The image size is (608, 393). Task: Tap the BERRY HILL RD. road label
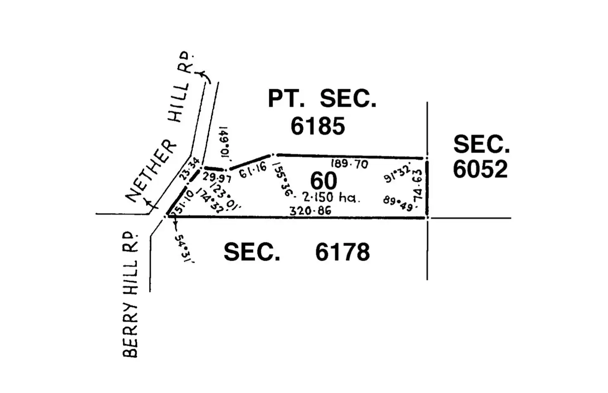click(130, 294)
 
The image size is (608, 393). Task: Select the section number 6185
click(318, 126)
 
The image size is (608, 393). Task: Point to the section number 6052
click(480, 169)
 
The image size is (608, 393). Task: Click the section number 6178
click(342, 252)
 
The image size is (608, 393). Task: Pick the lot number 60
click(323, 181)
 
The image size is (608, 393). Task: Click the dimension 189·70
click(349, 164)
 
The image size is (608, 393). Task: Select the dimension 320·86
click(310, 211)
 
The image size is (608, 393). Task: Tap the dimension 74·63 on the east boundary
click(418, 185)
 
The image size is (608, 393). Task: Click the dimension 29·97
click(216, 178)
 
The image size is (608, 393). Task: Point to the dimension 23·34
click(190, 169)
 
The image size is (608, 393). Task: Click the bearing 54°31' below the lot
click(184, 248)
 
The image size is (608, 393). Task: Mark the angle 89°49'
click(398, 203)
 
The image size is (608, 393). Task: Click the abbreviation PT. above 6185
click(286, 99)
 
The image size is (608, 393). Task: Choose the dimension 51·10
click(183, 202)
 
